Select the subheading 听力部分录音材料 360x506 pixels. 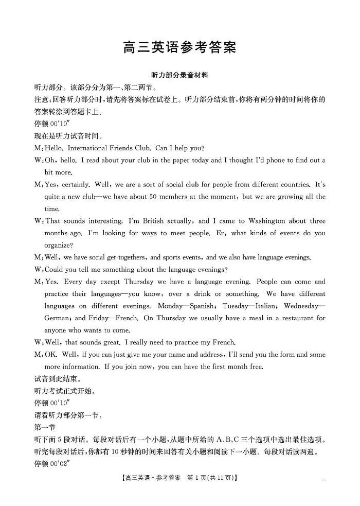click(179, 75)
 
